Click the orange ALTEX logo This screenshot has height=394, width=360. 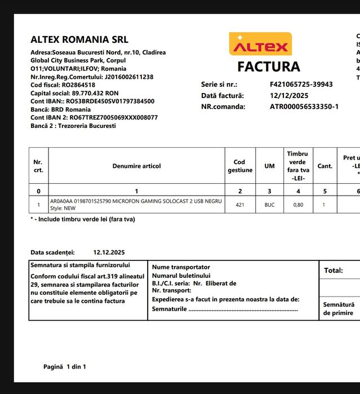pos(260,44)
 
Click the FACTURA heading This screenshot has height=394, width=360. pos(268,67)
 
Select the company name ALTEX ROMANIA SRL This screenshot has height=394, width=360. pos(79,39)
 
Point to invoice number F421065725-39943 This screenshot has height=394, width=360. pos(301,85)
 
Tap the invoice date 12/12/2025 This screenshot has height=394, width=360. pos(290,95)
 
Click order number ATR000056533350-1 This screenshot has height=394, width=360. pos(304,106)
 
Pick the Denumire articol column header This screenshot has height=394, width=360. pos(136,166)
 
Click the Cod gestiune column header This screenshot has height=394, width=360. pos(240,166)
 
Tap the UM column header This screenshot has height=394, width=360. pos(269,166)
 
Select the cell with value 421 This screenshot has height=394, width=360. pos(240,205)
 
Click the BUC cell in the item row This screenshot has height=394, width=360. pos(269,205)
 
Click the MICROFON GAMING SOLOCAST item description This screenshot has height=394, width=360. pos(136,201)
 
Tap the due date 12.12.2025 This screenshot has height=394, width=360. pos(109,253)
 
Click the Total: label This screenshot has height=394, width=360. pos(334,271)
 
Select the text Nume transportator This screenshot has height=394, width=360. pos(181,267)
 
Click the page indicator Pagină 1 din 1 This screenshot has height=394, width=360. pos(65,367)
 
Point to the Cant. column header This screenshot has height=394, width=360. pos(325,166)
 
